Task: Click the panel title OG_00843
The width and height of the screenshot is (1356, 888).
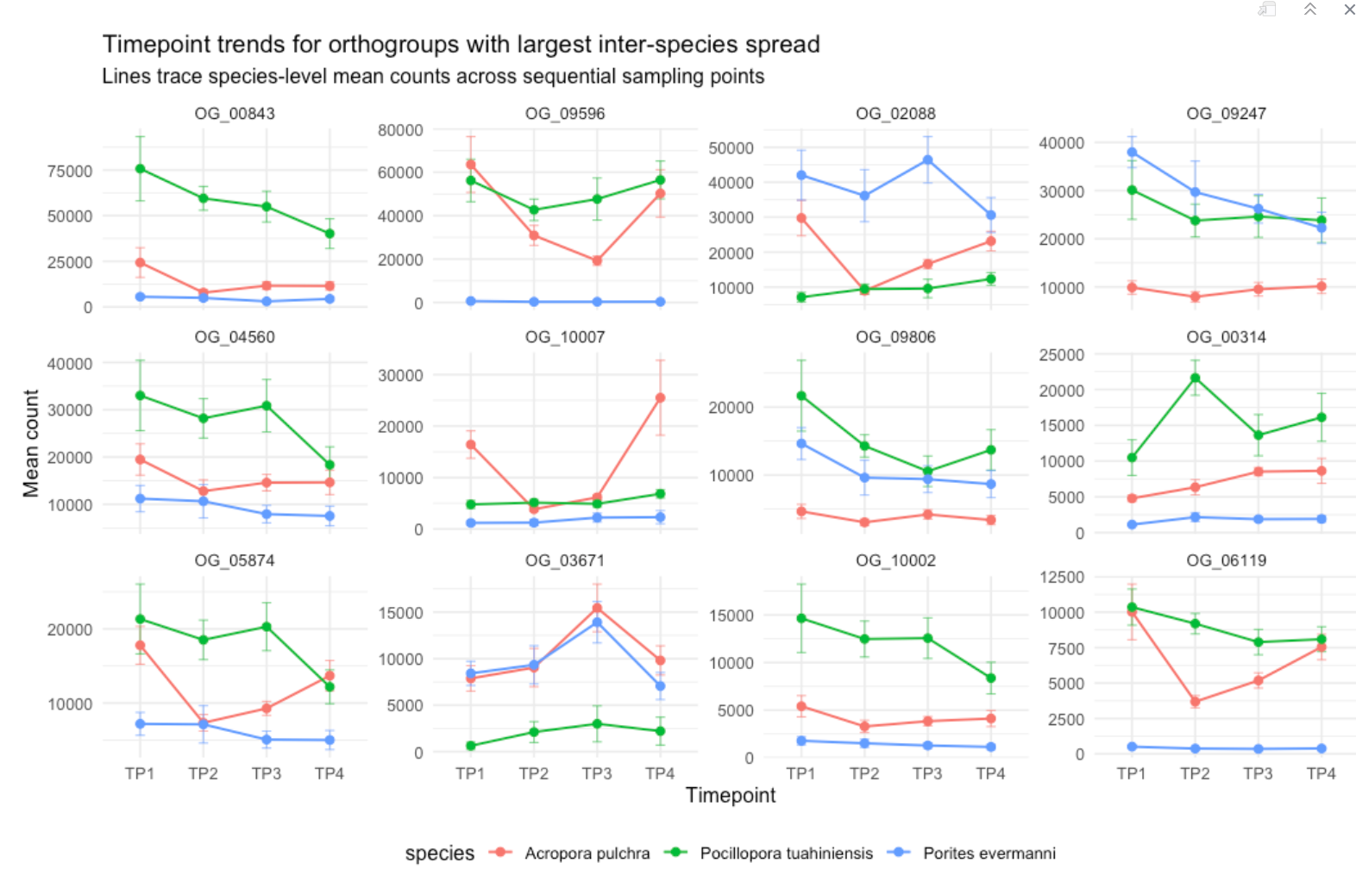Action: coord(235,114)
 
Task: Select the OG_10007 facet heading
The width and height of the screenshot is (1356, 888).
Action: coord(565,337)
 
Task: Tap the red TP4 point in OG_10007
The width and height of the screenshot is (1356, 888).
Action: coord(660,398)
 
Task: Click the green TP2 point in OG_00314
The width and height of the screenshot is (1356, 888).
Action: coord(1195,378)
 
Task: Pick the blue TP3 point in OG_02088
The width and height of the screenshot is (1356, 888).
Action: coord(927,160)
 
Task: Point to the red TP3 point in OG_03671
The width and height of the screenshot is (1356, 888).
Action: coord(597,609)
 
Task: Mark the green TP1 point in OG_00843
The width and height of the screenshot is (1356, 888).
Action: coord(140,169)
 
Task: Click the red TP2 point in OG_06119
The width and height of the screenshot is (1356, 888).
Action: coord(1195,702)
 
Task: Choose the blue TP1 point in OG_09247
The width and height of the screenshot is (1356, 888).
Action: coord(1132,153)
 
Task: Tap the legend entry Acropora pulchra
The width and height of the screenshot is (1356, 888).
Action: coord(587,854)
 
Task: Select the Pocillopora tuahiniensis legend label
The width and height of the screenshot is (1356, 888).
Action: coord(786,854)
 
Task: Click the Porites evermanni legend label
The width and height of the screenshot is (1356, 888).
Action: coord(989,854)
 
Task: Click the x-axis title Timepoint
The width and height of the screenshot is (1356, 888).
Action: coord(731,796)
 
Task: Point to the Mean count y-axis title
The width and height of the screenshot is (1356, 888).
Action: coord(31,443)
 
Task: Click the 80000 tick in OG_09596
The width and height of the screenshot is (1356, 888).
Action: coord(400,130)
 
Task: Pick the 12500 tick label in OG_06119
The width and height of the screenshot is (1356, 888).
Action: coord(1062,577)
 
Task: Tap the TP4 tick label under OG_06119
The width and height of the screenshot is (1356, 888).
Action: coord(1321,773)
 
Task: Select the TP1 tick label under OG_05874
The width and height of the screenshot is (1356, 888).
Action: coord(140,773)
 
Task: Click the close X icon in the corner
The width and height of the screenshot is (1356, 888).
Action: coord(1349,9)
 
